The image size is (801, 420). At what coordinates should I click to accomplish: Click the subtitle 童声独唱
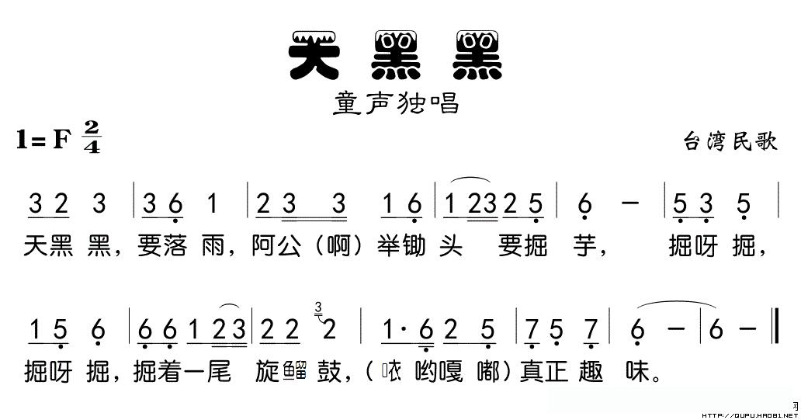[x=397, y=103]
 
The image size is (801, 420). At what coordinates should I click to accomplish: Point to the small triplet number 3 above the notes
[x=319, y=310]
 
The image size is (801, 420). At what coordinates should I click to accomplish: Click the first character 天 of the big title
[x=317, y=56]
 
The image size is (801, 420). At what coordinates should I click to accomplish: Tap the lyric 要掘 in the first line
[x=524, y=248]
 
